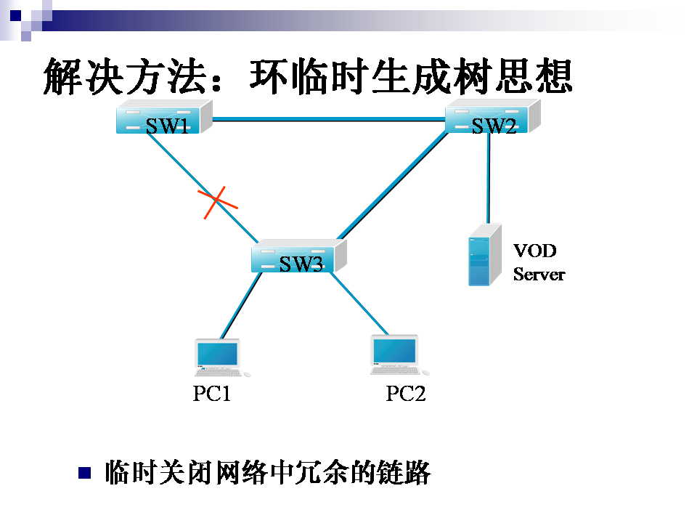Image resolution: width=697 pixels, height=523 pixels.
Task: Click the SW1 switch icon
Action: coord(164,118)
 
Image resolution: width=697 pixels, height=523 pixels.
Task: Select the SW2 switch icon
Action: coord(493,117)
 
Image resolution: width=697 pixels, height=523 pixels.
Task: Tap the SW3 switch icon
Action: coord(298,256)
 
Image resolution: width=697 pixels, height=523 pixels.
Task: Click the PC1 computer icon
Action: coord(219,357)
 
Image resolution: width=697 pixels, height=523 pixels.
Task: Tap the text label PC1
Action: coord(211,394)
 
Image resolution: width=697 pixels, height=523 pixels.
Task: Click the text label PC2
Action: coord(405,394)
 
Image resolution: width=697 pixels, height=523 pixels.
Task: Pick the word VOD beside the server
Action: coord(535,251)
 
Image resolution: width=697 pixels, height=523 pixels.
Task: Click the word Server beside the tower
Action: coord(539,275)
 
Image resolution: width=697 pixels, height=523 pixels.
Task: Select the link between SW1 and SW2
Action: coord(327,120)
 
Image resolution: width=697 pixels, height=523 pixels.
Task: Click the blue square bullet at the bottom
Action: coord(85,473)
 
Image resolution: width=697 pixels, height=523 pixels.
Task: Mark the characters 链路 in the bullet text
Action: coord(411,473)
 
